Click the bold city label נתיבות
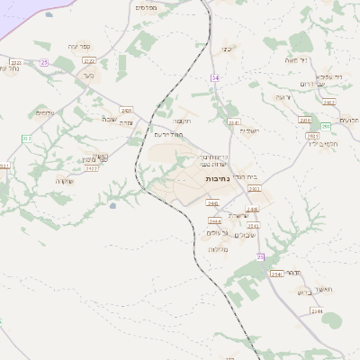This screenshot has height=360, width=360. [x=218, y=179]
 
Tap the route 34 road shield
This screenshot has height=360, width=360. [x=215, y=78]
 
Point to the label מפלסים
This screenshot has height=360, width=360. [x=147, y=7]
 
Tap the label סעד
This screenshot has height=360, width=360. [x=87, y=77]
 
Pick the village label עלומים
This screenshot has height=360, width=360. [x=45, y=112]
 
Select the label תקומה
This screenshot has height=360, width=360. [x=182, y=121]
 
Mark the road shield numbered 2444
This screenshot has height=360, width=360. [x=214, y=220]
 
